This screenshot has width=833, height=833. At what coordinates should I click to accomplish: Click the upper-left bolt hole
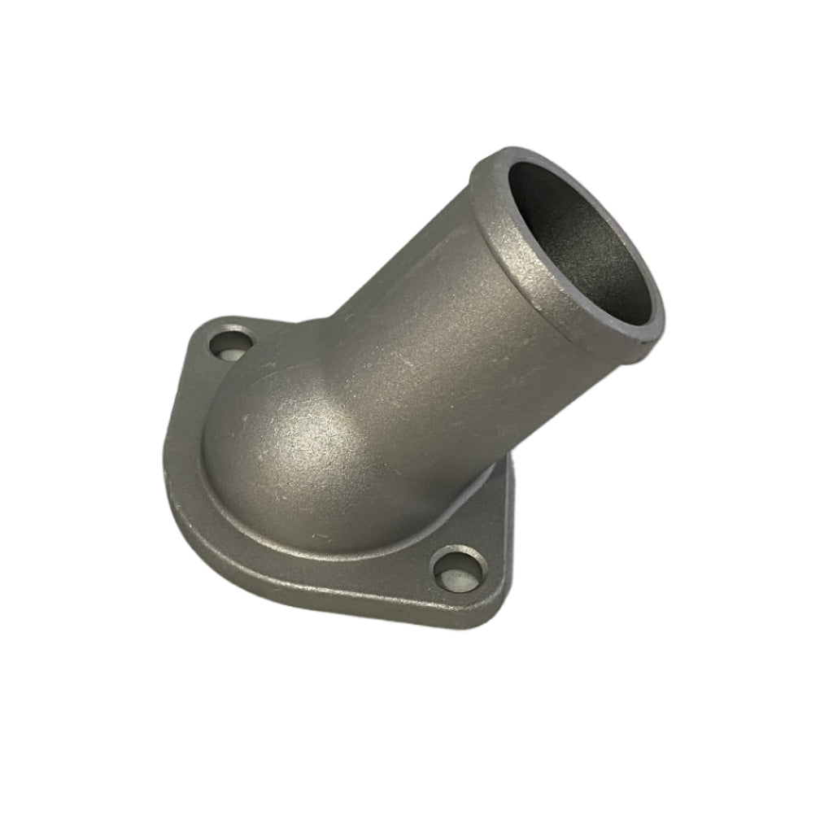[x=231, y=344]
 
